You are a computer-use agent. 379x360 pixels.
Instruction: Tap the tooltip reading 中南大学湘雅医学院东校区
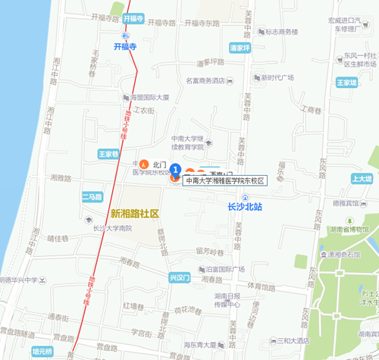pos(224,181)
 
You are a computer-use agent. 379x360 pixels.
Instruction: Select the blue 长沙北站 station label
pos(244,206)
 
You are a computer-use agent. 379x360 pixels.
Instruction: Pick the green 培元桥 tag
pos(42,352)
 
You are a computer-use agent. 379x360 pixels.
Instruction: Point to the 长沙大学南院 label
pos(111,227)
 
